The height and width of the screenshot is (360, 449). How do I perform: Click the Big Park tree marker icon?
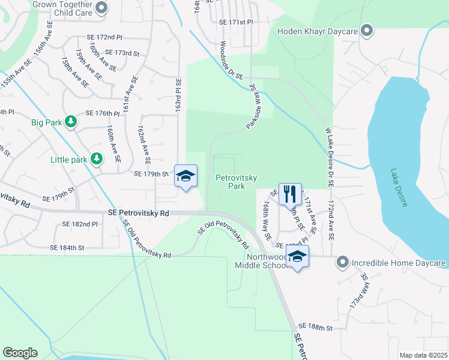(71, 122)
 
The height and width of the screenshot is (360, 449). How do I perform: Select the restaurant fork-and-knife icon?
(290, 193)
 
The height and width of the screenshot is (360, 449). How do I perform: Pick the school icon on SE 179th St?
(186, 175)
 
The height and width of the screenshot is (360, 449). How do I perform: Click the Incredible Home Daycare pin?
(343, 263)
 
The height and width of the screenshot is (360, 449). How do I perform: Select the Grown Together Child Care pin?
(101, 8)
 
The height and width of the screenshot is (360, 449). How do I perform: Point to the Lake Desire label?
(399, 187)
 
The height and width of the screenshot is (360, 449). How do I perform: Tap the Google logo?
(20, 353)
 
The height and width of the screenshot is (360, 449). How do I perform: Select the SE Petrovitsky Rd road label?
(139, 213)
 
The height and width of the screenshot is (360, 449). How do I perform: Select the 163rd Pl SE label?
(178, 96)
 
